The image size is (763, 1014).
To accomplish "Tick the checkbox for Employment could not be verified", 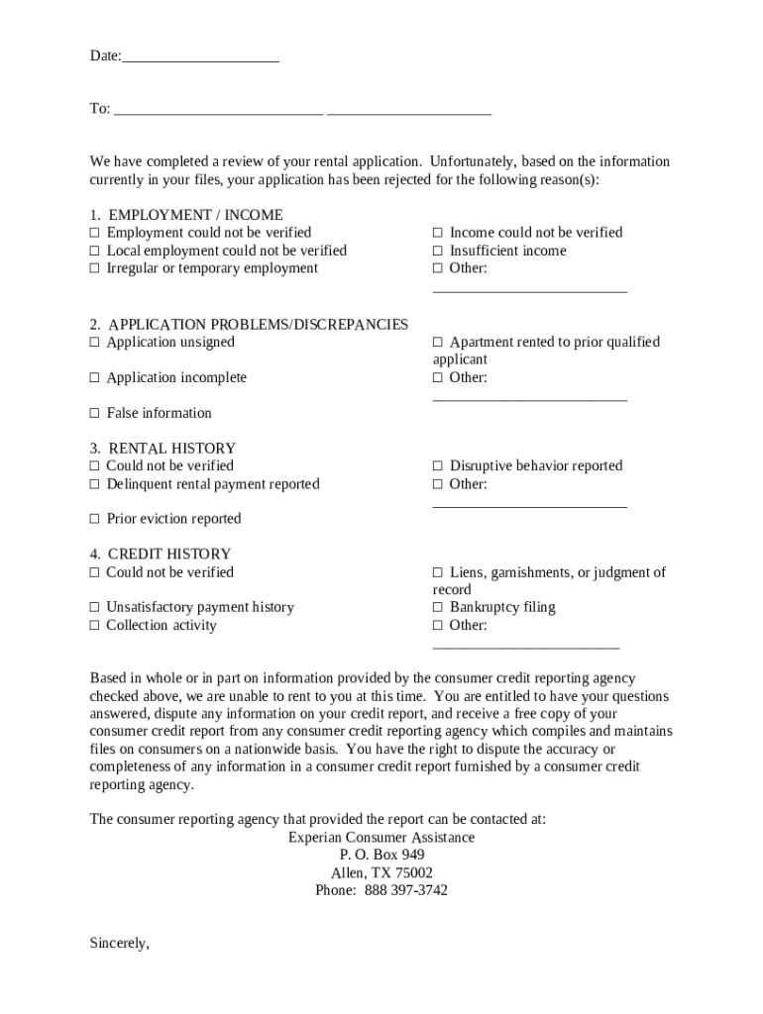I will click(95, 233).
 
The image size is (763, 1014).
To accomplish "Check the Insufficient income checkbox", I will click(438, 252).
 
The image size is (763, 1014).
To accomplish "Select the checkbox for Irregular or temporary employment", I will click(95, 268).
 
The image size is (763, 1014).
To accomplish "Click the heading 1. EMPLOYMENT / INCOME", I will click(186, 215).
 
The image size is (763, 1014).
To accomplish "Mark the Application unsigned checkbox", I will click(95, 343).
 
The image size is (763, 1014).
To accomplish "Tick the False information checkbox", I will click(95, 413).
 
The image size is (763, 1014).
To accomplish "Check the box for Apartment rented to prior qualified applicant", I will click(438, 343).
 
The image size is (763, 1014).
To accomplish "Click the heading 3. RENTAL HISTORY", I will click(163, 449).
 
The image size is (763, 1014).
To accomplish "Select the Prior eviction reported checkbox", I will click(95, 519).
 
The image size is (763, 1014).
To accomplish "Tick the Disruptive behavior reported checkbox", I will click(438, 466).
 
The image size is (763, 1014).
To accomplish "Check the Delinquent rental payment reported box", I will click(95, 484).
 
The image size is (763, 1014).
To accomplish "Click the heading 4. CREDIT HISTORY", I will click(160, 555).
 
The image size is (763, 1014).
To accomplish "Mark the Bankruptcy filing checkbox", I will click(438, 608).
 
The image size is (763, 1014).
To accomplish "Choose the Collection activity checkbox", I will click(95, 626).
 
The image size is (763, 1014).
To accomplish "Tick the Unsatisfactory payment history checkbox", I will click(95, 608).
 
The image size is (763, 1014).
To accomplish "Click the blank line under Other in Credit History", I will click(526, 646).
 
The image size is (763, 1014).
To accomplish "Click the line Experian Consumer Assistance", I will click(381, 838).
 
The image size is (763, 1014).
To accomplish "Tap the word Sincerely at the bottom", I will click(119, 944).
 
